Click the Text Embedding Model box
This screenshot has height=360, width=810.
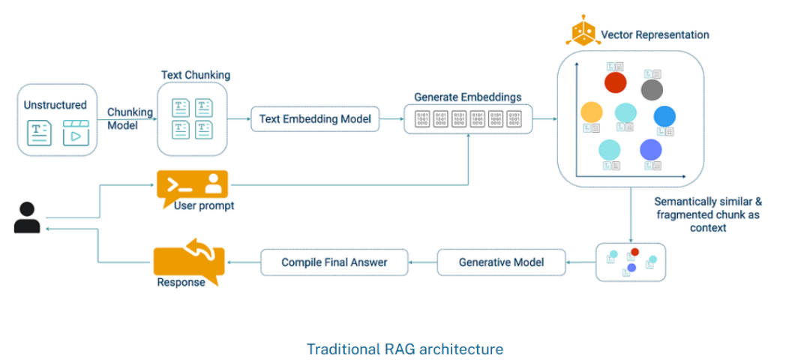pos(315,119)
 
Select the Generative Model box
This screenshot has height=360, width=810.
pos(501,262)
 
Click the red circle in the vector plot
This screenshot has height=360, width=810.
pos(615,82)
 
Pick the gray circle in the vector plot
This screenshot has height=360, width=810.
pos(652,90)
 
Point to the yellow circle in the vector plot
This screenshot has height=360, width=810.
pos(592,112)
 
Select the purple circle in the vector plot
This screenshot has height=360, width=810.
pos(650,149)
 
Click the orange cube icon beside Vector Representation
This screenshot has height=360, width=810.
pos(582,34)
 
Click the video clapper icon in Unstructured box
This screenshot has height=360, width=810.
pos(76,133)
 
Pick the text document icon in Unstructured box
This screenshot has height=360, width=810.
pos(39,133)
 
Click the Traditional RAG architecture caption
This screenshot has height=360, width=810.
pos(405,349)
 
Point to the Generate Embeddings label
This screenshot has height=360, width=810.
pos(468,97)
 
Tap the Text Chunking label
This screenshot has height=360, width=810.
pos(196,75)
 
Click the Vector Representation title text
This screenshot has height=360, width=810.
pos(655,34)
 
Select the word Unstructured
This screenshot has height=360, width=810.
pos(55,105)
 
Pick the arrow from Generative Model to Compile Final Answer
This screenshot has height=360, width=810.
pos(423,262)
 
